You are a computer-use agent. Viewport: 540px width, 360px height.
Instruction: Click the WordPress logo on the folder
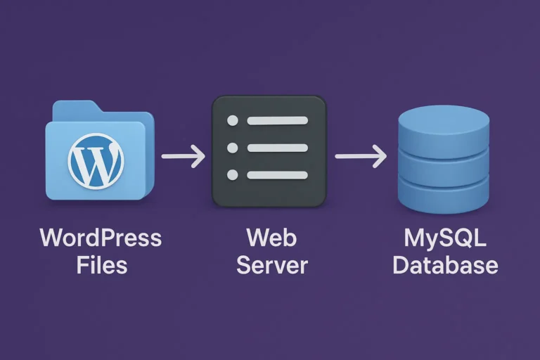point(96,160)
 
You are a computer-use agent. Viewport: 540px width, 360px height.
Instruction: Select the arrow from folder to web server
point(183,155)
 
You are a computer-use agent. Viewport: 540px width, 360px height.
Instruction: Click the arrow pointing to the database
point(360,155)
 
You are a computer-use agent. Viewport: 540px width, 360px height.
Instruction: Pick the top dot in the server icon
point(233,121)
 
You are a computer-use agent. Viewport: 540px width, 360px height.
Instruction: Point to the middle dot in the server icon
point(233,148)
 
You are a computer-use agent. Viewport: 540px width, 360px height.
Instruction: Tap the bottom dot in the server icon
point(233,174)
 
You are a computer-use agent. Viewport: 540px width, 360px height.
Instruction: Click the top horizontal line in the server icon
point(277,121)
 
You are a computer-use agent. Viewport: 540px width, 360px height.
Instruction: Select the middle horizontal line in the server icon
point(277,148)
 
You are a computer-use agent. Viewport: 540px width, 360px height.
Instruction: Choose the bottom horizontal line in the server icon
point(277,174)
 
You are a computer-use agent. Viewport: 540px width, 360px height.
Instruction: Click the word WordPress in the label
point(101,239)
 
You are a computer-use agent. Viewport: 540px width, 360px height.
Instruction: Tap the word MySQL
point(445,238)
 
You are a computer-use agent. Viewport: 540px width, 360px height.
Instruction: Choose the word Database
point(445,266)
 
